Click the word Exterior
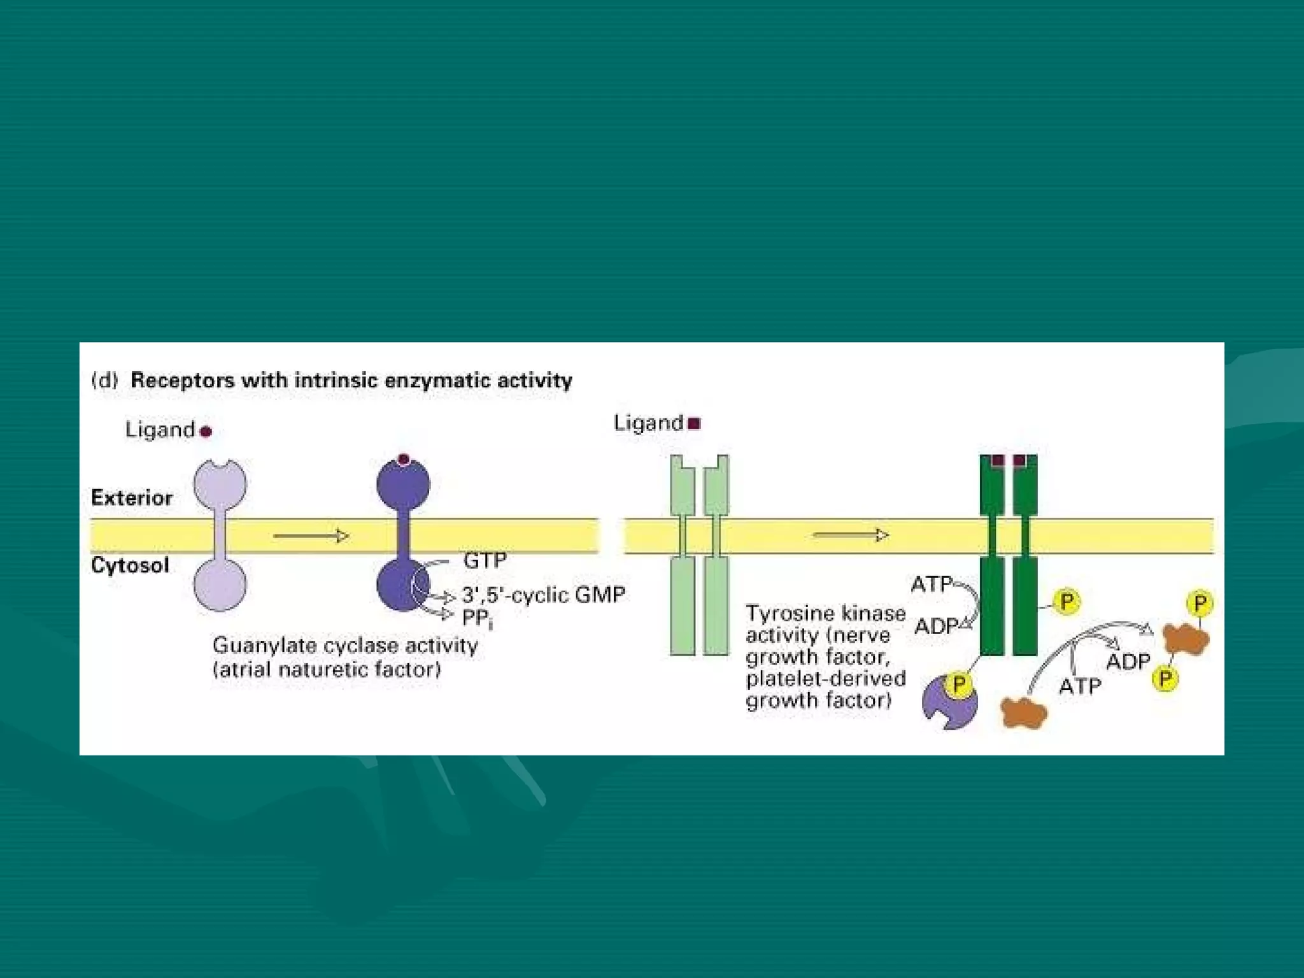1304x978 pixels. pyautogui.click(x=132, y=497)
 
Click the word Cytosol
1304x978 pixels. pyautogui.click(x=130, y=565)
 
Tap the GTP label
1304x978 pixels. pyautogui.click(x=485, y=560)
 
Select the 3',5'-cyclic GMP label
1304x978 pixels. pyautogui.click(x=543, y=595)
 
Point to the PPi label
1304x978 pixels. pyautogui.click(x=477, y=618)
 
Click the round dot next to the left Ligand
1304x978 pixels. pyautogui.click(x=206, y=432)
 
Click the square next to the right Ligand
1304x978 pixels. pyautogui.click(x=695, y=423)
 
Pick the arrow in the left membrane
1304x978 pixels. pyautogui.click(x=311, y=536)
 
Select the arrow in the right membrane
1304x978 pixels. pyautogui.click(x=851, y=535)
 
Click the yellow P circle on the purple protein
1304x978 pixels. pyautogui.click(x=959, y=684)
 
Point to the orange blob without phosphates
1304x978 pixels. pyautogui.click(x=1023, y=712)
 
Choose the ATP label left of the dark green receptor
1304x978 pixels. pyautogui.click(x=932, y=584)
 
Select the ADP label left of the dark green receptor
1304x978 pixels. pyautogui.click(x=935, y=627)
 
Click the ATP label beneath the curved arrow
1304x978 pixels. pyautogui.click(x=1080, y=686)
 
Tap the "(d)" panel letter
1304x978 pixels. pyautogui.click(x=105, y=380)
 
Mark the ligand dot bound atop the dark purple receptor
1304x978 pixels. pyautogui.click(x=403, y=459)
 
